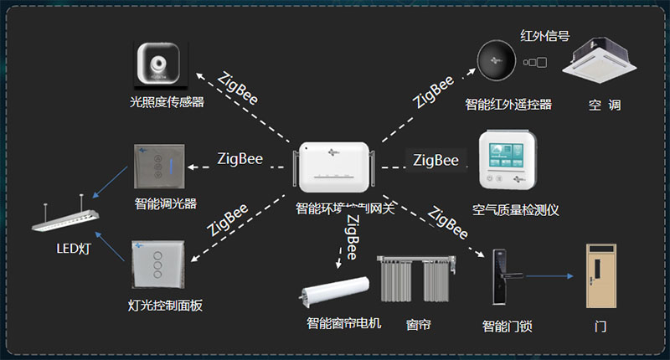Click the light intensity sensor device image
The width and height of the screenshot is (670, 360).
pyautogui.click(x=159, y=66)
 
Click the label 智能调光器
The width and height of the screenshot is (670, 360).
pyautogui.click(x=165, y=203)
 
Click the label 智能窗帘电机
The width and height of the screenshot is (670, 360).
pyautogui.click(x=343, y=323)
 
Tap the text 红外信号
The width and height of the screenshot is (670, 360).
pyautogui.click(x=545, y=35)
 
